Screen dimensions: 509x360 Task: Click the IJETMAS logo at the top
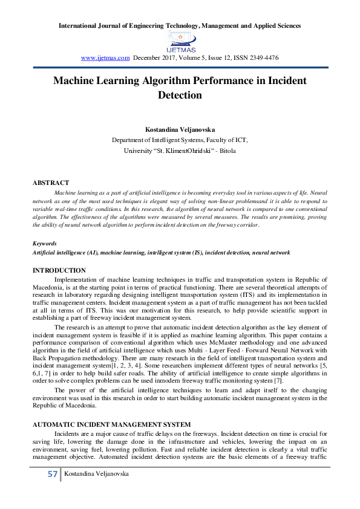click(180, 41)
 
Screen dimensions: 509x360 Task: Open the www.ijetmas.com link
click(105, 58)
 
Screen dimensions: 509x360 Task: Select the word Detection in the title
click(180, 95)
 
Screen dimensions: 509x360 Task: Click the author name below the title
click(180, 129)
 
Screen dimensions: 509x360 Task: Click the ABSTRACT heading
click(50, 183)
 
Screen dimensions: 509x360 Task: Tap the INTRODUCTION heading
click(59, 270)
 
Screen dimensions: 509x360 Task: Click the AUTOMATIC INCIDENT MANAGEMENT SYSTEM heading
click(111, 425)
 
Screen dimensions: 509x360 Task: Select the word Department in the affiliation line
click(129, 140)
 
